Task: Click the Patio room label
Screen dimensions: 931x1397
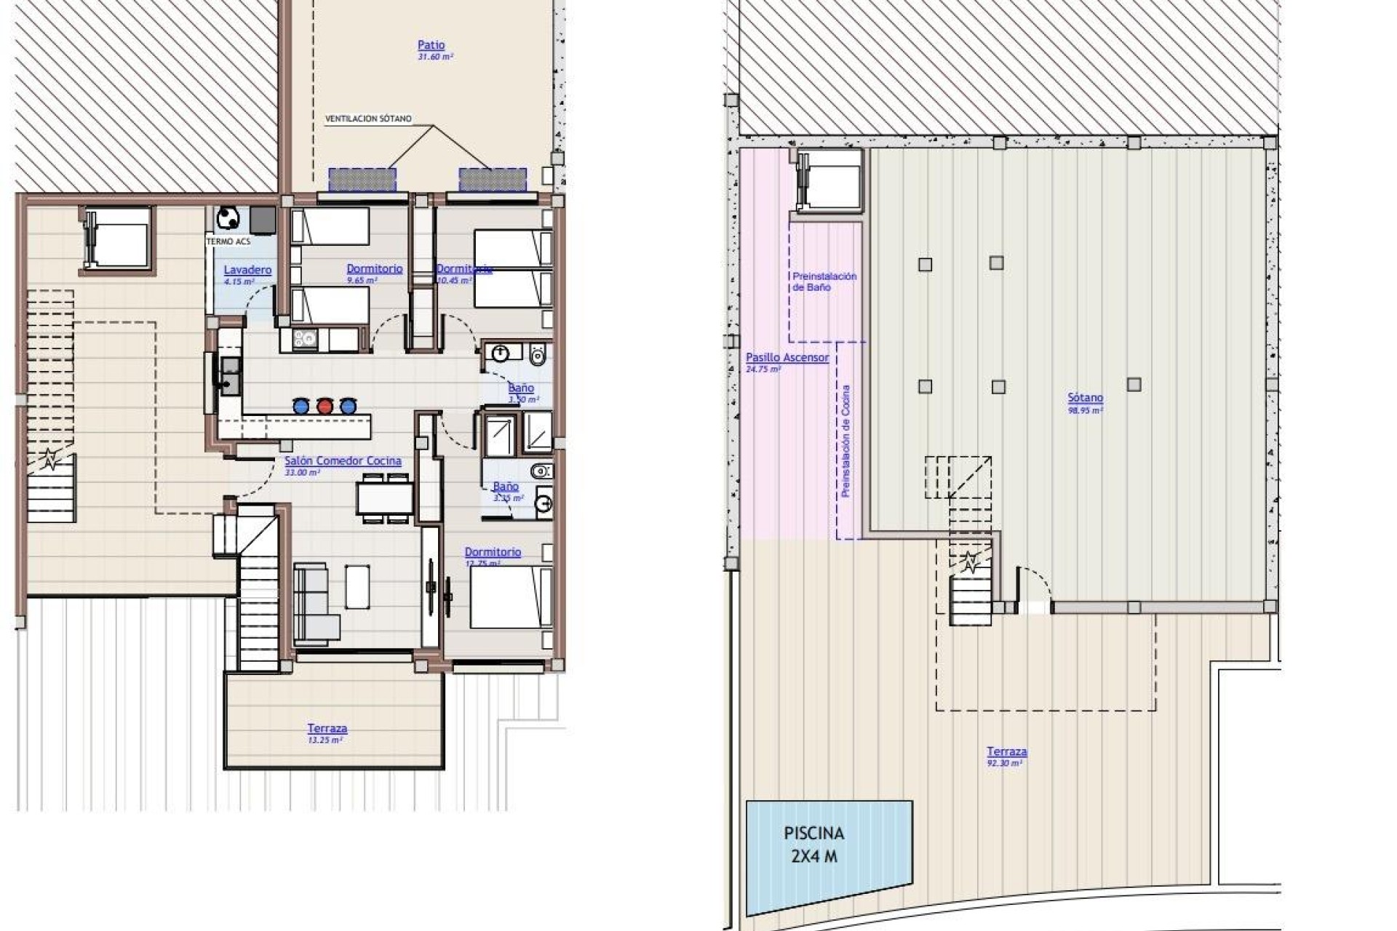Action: coord(431,46)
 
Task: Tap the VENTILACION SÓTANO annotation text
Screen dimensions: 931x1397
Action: coord(368,119)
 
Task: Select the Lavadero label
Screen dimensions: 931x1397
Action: coord(247,270)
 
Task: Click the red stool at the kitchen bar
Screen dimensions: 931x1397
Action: coord(325,406)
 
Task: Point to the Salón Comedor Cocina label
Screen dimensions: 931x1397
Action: coord(342,461)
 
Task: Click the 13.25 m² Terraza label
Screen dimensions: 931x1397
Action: coord(327,729)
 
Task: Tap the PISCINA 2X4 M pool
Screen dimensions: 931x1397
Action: coord(822,855)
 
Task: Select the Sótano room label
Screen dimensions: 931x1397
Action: coord(1085,399)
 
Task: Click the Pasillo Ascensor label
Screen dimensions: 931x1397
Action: coord(787,358)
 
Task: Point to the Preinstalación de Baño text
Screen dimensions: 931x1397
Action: coord(824,281)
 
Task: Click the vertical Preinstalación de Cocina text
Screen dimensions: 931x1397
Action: coord(845,441)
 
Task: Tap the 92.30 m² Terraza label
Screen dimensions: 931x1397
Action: coord(1006,752)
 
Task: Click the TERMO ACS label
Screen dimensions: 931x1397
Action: coord(228,241)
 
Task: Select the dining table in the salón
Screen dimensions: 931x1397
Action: coord(385,499)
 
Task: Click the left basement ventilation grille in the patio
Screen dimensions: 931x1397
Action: coord(362,179)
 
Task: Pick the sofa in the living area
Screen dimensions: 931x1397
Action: coord(313,604)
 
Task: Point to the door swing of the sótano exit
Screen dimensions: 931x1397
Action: coord(1033,586)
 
